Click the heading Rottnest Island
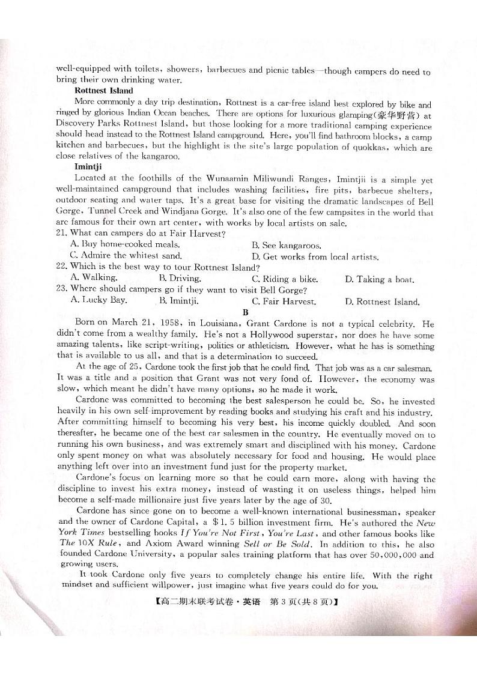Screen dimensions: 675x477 (x=103, y=91)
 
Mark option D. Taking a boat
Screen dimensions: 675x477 (x=380, y=279)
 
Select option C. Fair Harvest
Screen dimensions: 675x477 (x=284, y=301)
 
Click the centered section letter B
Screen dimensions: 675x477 (x=245, y=312)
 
